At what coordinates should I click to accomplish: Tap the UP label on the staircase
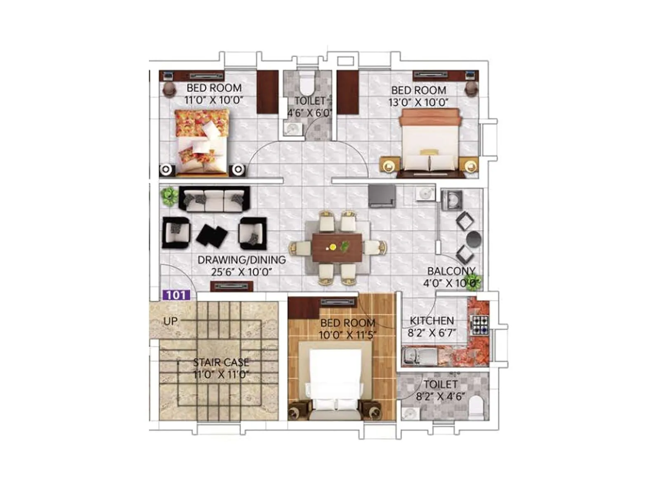click(x=170, y=321)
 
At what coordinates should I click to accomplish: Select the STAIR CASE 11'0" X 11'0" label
click(x=221, y=368)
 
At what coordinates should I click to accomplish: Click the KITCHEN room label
click(x=431, y=321)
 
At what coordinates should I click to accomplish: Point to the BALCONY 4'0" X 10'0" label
click(x=451, y=277)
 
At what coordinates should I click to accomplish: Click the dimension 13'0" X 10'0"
click(x=418, y=102)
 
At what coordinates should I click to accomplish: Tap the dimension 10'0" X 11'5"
click(x=348, y=335)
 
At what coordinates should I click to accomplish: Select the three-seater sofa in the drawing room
click(x=214, y=199)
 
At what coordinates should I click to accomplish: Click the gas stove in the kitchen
click(x=480, y=324)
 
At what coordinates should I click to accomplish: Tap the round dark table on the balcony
click(x=473, y=239)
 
